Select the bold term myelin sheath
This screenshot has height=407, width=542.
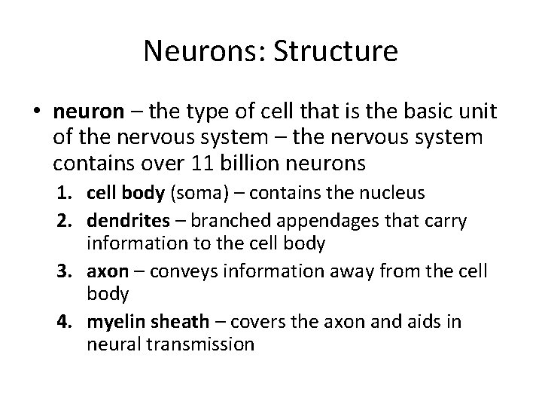click(x=147, y=323)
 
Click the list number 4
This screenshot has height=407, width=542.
click(x=73, y=323)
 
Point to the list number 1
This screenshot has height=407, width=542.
click(x=73, y=194)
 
